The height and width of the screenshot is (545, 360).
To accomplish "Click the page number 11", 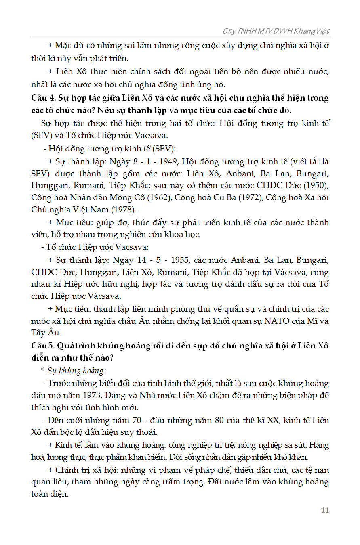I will pos(325,510).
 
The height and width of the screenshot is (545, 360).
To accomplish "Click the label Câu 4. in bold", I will pos(44,98).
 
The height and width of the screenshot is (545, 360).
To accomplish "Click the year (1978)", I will pos(123,210).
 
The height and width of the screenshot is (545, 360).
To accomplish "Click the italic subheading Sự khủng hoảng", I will pos(77,371).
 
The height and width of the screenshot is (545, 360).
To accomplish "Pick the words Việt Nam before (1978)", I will pos(89,210).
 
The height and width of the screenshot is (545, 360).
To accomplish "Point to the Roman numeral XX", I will pos(274,420).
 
